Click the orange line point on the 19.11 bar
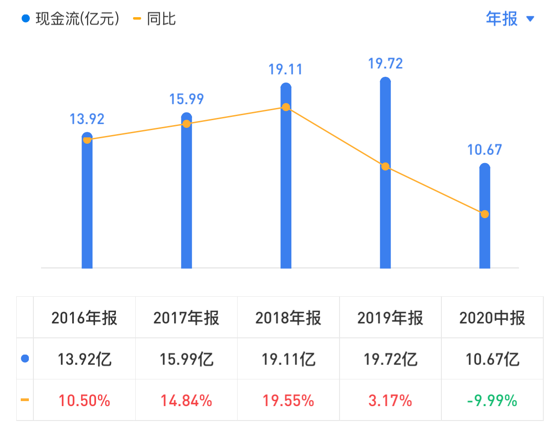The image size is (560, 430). (286, 107)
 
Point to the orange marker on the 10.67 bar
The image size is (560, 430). (485, 214)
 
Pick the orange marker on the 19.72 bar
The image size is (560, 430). (385, 166)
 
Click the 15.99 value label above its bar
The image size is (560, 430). (186, 99)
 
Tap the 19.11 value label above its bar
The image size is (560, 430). (285, 70)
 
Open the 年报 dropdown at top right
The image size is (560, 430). (510, 19)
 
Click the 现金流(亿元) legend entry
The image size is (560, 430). (72, 19)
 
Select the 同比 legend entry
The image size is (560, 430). (156, 19)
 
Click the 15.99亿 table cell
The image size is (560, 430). (186, 360)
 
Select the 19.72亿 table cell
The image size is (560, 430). (390, 360)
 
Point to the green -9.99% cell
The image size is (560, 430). (492, 400)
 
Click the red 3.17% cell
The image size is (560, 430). (390, 400)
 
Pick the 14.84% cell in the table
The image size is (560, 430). (186, 400)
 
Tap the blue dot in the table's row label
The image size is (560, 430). (25, 359)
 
